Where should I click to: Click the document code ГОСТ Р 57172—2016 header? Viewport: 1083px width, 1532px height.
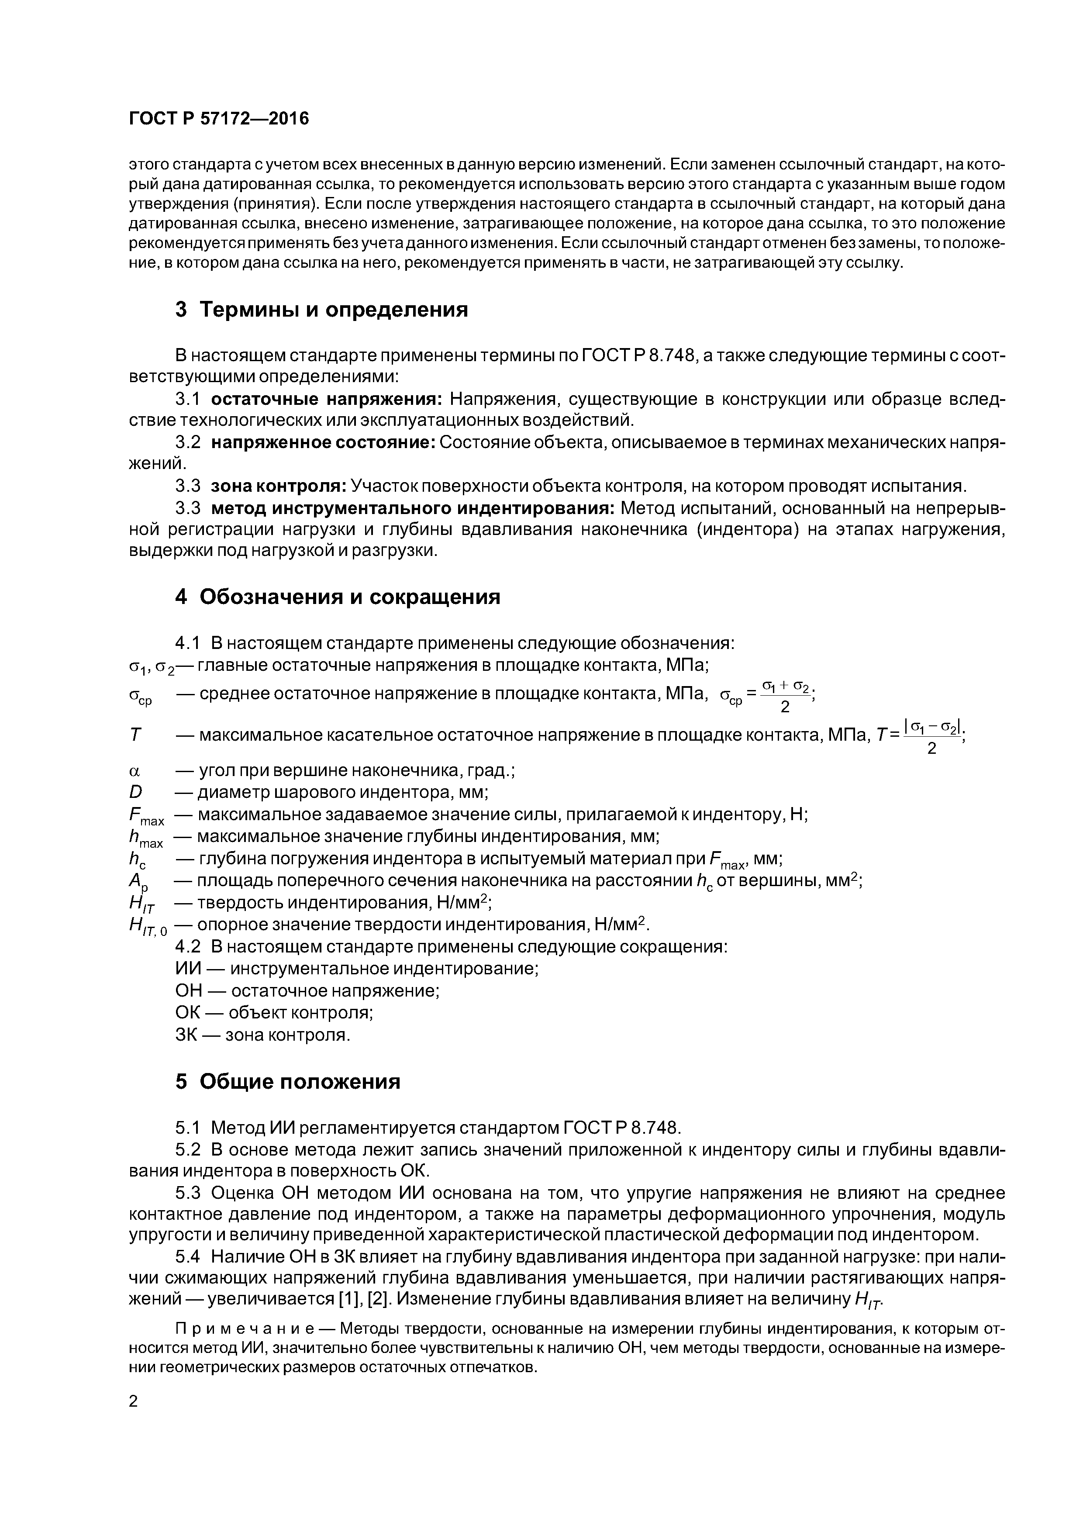219,119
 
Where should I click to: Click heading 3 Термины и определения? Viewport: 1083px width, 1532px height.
322,310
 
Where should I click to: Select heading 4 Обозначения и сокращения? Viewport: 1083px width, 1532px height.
338,597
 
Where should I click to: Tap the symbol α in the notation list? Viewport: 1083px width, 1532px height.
134,771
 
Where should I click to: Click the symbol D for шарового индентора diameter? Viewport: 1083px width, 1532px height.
135,793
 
